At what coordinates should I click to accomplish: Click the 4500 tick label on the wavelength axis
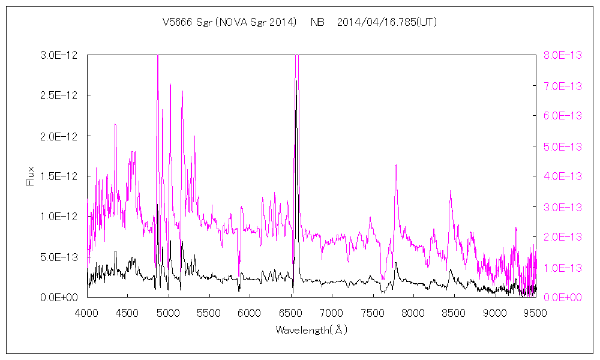128,313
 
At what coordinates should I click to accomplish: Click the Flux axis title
29,176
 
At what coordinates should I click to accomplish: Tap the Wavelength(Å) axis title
311,330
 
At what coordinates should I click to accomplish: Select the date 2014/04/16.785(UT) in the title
386,23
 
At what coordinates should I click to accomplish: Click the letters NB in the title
317,23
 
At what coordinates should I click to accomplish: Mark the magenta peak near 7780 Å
395,165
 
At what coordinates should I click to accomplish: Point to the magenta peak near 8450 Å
450,191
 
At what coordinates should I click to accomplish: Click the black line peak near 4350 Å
115,124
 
